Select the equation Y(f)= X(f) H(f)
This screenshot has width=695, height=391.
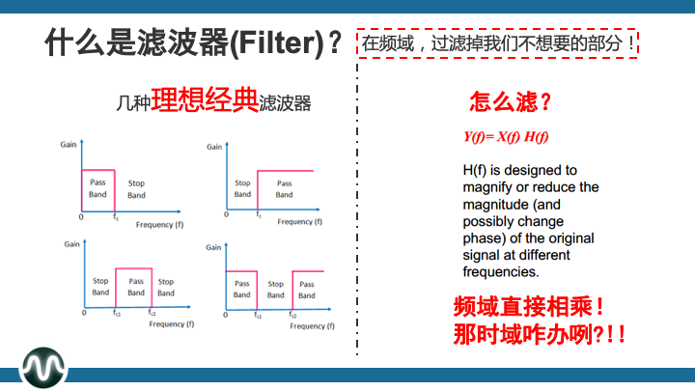[x=506, y=136]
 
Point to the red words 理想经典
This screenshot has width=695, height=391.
[x=204, y=100]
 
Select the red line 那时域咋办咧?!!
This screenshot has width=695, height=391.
[x=538, y=335]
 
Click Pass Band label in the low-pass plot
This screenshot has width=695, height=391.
[x=98, y=188]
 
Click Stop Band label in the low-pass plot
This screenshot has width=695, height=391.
[x=136, y=188]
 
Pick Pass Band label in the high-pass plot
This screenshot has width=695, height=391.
[x=284, y=188]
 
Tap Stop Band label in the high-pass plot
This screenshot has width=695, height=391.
[x=242, y=188]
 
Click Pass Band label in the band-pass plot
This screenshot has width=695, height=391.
[x=136, y=287]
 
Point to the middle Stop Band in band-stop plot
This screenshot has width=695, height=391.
[x=276, y=289]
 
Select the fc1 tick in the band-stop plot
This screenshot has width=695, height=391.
[x=258, y=316]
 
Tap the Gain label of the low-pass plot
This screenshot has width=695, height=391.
[x=68, y=144]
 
